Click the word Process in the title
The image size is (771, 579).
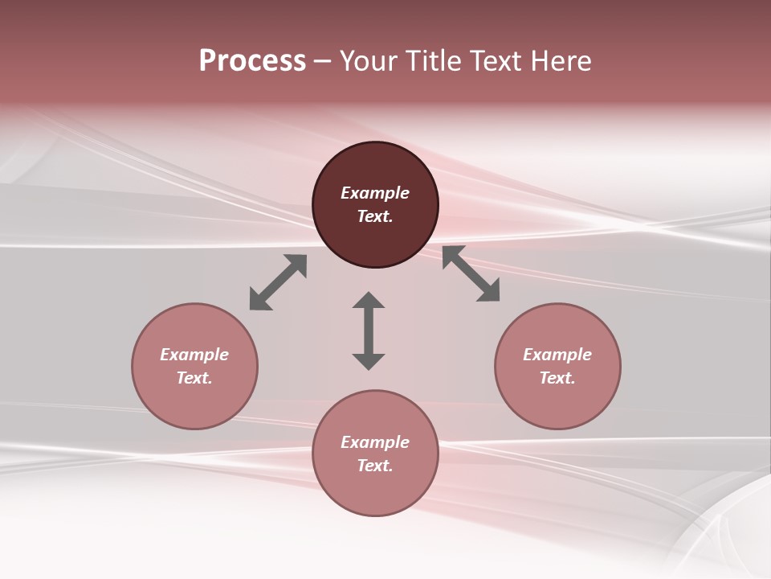click(x=252, y=61)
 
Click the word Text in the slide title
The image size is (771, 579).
click(x=496, y=61)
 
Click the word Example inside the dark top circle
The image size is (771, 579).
click(x=375, y=193)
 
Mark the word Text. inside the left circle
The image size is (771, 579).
click(x=194, y=378)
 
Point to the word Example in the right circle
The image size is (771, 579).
click(x=557, y=355)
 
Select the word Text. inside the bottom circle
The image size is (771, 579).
click(x=375, y=466)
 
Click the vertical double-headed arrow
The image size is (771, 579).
click(x=369, y=331)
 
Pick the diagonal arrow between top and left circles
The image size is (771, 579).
click(x=278, y=282)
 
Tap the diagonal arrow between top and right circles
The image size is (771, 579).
click(x=471, y=274)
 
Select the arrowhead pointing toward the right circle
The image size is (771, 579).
click(x=488, y=291)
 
